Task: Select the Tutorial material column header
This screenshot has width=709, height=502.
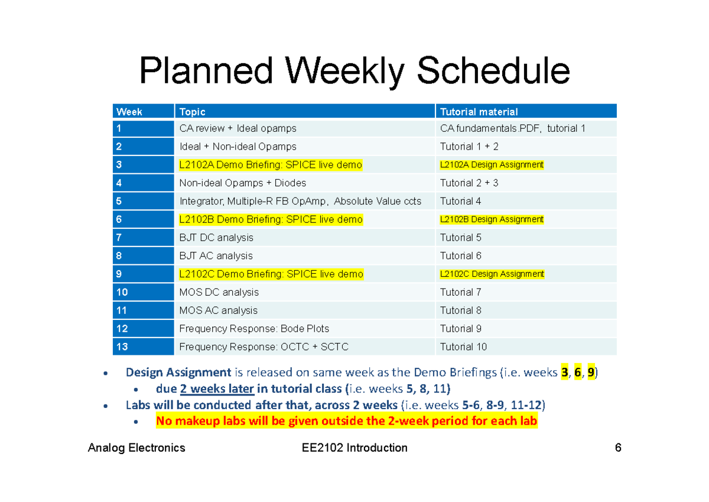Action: (479, 112)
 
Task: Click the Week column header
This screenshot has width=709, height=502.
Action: (129, 112)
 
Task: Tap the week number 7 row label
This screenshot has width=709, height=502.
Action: (119, 238)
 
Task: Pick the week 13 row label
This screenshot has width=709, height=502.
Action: (122, 347)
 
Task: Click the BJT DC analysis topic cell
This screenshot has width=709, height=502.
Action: (216, 238)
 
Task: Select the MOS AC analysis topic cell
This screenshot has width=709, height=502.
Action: (218, 310)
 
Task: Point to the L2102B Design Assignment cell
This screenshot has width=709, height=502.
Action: (492, 219)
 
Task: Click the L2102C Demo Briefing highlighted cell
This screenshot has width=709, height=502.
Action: (271, 274)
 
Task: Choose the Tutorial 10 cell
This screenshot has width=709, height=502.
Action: (464, 347)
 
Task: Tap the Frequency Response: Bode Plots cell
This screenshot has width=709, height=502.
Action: (254, 329)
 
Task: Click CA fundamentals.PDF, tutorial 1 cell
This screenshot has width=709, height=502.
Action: (512, 128)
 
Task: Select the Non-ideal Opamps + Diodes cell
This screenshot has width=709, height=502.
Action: (242, 183)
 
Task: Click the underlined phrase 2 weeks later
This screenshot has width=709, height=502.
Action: (217, 389)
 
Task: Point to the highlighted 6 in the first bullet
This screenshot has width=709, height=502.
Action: (577, 373)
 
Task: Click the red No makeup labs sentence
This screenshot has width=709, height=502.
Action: (347, 422)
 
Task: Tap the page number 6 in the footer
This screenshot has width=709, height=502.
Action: (618, 448)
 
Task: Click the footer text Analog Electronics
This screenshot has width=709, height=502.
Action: (136, 448)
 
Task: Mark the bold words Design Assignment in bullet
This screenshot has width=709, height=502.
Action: (178, 373)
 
